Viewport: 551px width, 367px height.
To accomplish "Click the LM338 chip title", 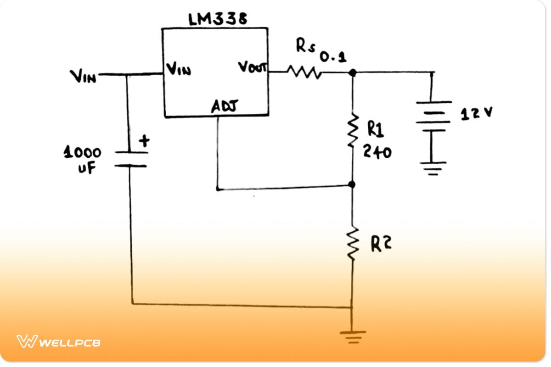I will click(218, 19).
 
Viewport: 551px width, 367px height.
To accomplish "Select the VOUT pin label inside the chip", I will click(252, 67).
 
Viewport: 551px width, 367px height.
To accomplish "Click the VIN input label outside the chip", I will click(83, 76).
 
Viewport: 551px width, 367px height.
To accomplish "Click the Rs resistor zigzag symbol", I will click(302, 72).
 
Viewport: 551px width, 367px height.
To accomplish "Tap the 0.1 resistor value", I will click(333, 57).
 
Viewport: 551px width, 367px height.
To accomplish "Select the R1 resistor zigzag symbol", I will click(353, 132).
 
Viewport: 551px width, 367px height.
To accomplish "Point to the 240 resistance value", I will click(377, 151).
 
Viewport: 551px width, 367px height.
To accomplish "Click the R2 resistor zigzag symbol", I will click(353, 245).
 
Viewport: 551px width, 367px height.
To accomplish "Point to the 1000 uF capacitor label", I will click(83, 159).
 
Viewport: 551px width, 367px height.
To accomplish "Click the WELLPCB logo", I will click(59, 342).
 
